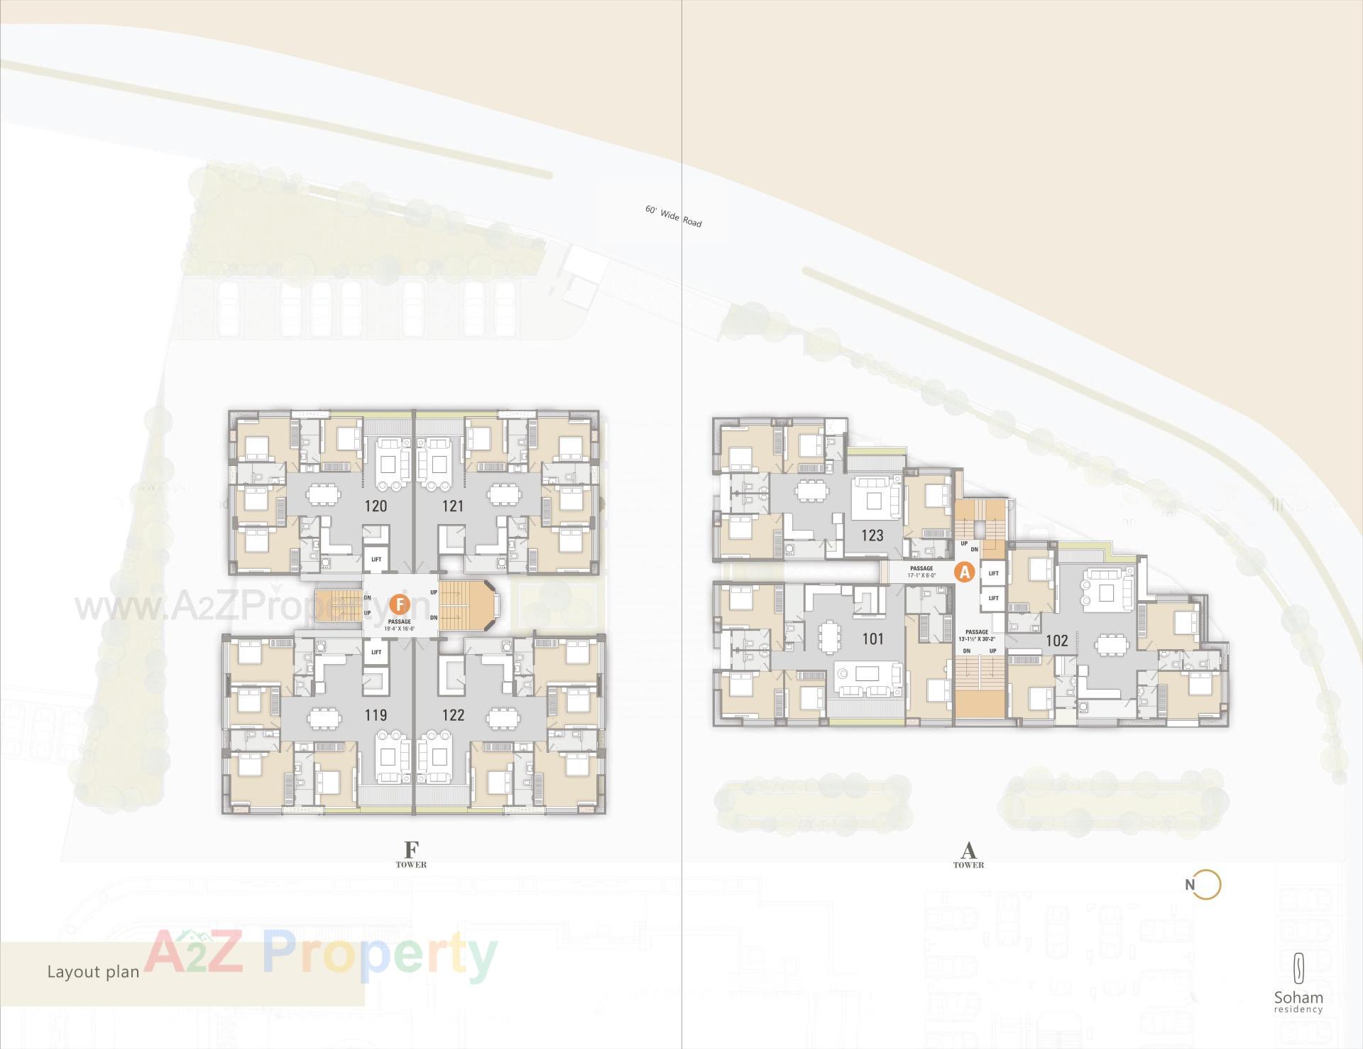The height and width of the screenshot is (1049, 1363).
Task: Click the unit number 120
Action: [376, 506]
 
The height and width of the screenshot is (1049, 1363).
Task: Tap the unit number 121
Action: [453, 506]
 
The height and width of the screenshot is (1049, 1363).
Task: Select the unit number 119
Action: [376, 715]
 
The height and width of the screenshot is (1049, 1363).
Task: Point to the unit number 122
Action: [453, 715]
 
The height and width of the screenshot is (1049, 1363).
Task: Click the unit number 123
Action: [872, 535]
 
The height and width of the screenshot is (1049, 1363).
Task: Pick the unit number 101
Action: [872, 638]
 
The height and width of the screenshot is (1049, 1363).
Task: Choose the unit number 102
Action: [1056, 641]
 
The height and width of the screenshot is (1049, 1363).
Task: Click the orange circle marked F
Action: [400, 604]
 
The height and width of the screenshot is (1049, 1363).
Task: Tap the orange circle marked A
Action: [964, 572]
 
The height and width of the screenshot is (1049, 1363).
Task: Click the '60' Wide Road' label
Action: [673, 217]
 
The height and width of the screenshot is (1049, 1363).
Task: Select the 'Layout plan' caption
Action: [93, 972]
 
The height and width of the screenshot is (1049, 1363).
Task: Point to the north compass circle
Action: [1207, 885]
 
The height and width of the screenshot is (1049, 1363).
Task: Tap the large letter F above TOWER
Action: [411, 849]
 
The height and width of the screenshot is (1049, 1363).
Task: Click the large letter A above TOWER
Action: [968, 849]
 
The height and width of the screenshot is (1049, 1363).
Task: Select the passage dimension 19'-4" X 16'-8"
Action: [400, 629]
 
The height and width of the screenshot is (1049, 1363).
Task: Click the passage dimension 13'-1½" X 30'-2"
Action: [977, 638]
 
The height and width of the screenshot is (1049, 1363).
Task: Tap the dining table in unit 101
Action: [828, 636]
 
